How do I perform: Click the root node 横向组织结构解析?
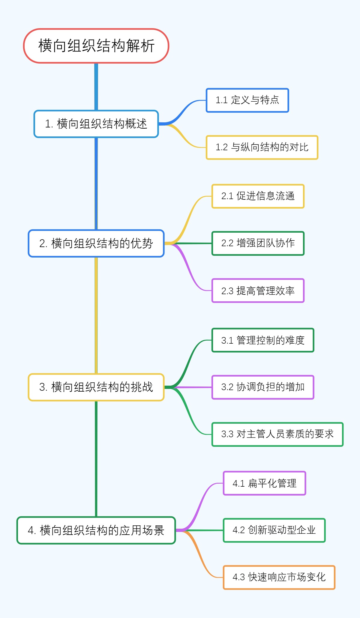(x=96, y=46)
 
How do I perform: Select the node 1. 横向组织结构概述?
(x=96, y=124)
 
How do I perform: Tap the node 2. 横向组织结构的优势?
(x=96, y=243)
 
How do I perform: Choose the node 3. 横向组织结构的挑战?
(x=96, y=387)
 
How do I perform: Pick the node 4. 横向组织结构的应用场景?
(x=96, y=530)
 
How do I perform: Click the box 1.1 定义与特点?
(x=247, y=100)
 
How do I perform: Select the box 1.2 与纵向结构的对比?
(x=262, y=147)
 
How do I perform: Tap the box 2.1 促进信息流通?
(x=258, y=196)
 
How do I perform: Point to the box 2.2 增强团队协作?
(x=258, y=243)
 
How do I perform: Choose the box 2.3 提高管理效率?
(x=258, y=291)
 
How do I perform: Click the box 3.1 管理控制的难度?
(x=262, y=340)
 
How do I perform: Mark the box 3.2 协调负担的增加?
(x=262, y=387)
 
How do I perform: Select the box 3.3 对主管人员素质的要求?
(x=277, y=434)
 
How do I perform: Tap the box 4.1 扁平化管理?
(x=264, y=483)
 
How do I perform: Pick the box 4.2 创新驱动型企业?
(x=274, y=530)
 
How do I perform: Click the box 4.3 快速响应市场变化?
(x=279, y=577)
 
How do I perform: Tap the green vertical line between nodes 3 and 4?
(x=96, y=459)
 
